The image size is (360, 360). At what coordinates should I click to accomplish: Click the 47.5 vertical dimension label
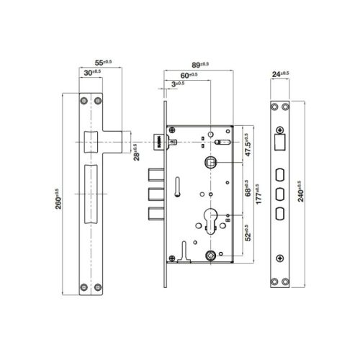point(246,144)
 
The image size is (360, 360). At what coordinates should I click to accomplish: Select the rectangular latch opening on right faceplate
point(279,143)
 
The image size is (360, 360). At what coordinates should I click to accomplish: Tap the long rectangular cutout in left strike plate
point(91,193)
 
